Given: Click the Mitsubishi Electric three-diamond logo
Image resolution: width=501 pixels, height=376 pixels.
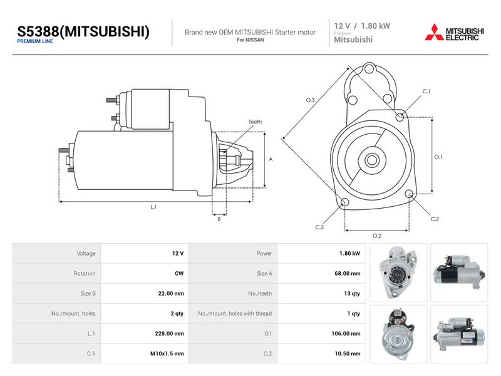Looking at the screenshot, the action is pos(434,33).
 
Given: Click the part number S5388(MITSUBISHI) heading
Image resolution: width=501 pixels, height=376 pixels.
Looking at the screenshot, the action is pos(83,31).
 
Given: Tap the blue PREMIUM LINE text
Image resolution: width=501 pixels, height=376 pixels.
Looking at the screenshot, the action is pos(35,41).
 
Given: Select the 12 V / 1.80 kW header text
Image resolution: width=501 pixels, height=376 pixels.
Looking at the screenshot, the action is pos(362,26).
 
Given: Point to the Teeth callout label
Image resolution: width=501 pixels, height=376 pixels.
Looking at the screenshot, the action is pos(255,122).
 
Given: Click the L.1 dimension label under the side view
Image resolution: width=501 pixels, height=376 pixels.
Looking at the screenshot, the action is pos(153,207).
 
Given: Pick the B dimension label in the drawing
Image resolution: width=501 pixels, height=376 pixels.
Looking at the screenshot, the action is pos(219,219).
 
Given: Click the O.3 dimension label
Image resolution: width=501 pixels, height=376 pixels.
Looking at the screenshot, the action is pos(310,100).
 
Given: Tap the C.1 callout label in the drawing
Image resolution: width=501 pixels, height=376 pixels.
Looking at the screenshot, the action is pos(426,91).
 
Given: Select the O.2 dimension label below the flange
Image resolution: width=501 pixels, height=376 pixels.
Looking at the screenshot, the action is pos(377,236).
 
